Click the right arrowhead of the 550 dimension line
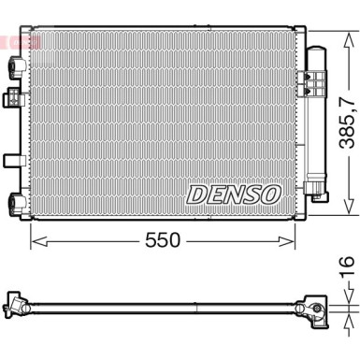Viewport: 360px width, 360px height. pyautogui.click(x=292, y=240)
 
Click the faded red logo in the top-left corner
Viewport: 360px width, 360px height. pyautogui.click(x=16, y=42)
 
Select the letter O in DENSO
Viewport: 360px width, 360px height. pyautogui.click(x=269, y=194)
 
